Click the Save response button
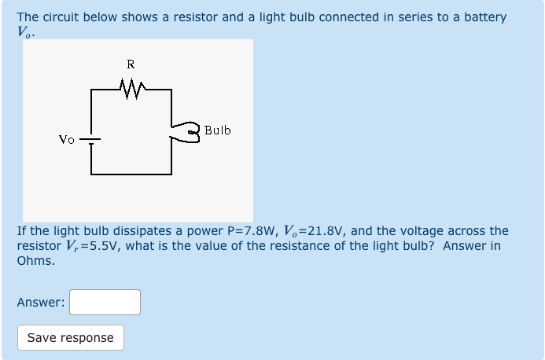[x=71, y=337]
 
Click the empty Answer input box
[x=105, y=302]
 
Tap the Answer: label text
[x=41, y=303]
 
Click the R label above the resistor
[x=131, y=64]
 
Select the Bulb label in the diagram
[x=218, y=130]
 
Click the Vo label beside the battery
[x=67, y=139]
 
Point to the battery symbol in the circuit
[x=91, y=141]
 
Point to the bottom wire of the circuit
[x=131, y=173]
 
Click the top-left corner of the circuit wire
[x=91, y=90]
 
